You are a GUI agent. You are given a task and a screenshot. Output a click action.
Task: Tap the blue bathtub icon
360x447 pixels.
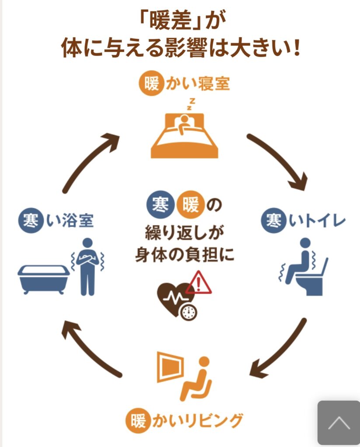click(43, 278)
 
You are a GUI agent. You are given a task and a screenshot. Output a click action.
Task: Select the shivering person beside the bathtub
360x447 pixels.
click(88, 266)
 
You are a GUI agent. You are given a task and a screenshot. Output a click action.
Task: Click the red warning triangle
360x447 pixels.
click(199, 283)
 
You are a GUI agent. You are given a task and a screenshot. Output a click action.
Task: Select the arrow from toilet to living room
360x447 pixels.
click(280, 349)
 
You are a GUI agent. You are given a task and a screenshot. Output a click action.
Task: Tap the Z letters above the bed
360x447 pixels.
click(191, 103)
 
